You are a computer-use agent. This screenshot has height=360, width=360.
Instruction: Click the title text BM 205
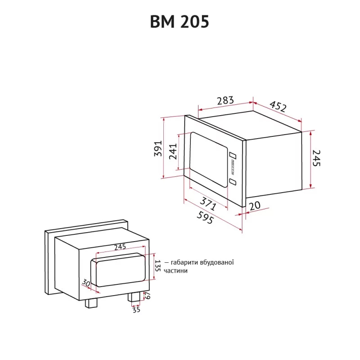(x=180, y=22)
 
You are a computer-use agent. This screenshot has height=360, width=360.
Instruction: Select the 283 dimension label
(x=225, y=101)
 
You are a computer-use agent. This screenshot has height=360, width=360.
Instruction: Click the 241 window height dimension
(x=173, y=152)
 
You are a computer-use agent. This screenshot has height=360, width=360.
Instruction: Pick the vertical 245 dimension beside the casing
(x=318, y=158)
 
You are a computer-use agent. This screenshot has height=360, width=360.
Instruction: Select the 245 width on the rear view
(x=120, y=247)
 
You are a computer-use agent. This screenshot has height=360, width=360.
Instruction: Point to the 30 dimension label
(x=85, y=283)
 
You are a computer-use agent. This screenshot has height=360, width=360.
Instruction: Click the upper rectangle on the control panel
(x=233, y=155)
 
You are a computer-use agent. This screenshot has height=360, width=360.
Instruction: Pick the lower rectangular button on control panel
(x=233, y=182)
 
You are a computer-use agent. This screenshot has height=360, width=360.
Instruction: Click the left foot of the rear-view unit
(x=92, y=303)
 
